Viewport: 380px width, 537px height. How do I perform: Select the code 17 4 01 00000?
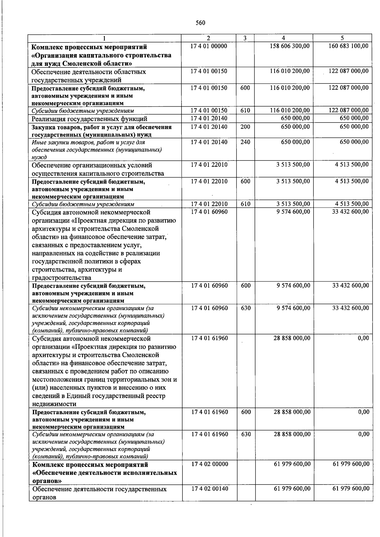click(209, 46)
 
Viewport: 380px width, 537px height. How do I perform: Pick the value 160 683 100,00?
click(348, 46)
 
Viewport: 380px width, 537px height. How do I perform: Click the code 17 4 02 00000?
click(209, 464)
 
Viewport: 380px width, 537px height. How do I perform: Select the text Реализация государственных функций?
click(89, 119)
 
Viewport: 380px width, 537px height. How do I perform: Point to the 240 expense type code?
click(245, 142)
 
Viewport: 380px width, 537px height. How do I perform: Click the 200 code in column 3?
click(245, 127)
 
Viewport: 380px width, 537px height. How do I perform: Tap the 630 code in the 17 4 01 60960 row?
click(246, 308)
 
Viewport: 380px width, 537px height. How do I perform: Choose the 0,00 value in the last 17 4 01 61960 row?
click(364, 434)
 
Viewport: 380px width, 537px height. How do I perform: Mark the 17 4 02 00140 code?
click(209, 489)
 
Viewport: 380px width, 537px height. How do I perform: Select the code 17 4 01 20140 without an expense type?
click(209, 118)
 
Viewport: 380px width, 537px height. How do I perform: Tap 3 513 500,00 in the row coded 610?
click(293, 204)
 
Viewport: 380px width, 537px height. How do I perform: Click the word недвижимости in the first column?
click(54, 404)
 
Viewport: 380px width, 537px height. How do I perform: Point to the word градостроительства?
click(61, 278)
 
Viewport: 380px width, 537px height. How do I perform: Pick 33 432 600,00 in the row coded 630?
click(351, 308)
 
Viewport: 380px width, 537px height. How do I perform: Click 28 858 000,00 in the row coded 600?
click(292, 412)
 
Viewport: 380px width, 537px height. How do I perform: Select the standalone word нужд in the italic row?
click(39, 157)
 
